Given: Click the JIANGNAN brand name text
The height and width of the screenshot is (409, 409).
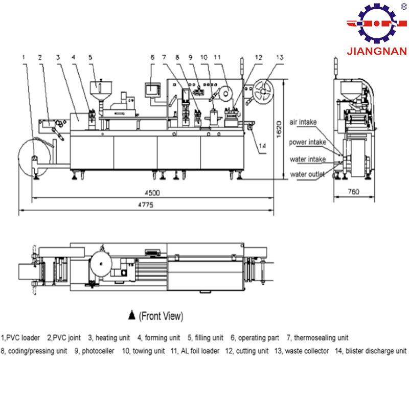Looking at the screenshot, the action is (377, 51).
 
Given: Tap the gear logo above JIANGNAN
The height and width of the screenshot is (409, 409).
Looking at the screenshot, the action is (377, 24).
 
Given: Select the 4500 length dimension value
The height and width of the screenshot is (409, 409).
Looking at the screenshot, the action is (152, 193).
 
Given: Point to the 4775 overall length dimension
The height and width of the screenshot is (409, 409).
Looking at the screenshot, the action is (146, 205).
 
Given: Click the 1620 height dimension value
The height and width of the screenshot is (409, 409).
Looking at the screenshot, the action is (279, 129).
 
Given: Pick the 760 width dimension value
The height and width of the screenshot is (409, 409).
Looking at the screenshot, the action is (354, 192).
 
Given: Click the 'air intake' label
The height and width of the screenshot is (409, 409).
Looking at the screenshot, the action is (303, 122).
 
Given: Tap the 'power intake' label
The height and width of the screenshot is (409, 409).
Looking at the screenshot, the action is (308, 142).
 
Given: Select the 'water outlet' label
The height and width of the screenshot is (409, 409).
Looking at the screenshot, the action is (307, 174).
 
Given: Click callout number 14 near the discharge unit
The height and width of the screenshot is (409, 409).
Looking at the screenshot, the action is (262, 146).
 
